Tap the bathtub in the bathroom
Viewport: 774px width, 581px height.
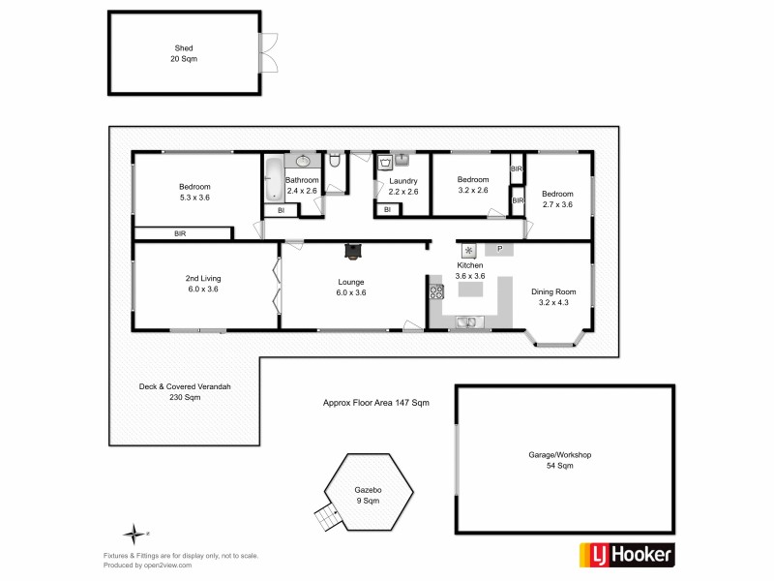(x=273, y=175)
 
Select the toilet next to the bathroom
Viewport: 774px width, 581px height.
(x=334, y=162)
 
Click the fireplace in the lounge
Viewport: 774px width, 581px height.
(x=352, y=251)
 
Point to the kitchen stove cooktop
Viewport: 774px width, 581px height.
(x=436, y=290)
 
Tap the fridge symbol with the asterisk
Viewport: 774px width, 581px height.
(x=469, y=250)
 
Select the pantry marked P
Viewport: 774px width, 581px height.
(x=499, y=250)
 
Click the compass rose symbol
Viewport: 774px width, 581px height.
(x=134, y=532)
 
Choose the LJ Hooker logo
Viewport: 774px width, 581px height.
(x=626, y=554)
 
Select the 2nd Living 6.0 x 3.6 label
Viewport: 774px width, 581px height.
(x=203, y=284)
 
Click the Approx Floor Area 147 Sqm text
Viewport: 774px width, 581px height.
(x=374, y=401)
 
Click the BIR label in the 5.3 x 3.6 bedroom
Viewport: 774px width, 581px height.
(x=181, y=233)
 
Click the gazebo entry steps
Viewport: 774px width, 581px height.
(x=330, y=519)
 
